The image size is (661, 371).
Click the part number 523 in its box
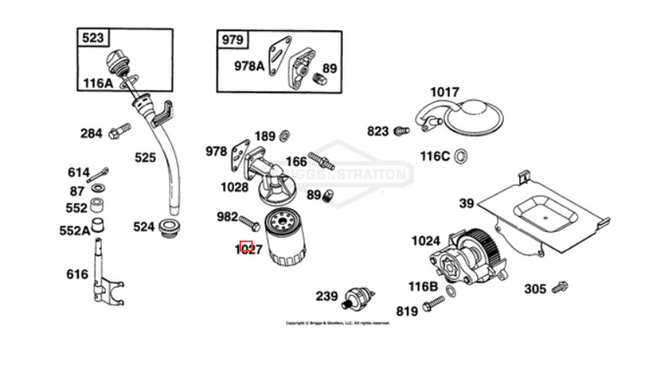point(92,38)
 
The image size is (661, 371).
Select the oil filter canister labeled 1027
point(285,238)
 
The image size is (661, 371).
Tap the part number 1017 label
point(445,92)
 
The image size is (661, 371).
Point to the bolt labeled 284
point(119,132)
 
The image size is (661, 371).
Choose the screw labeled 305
point(560,286)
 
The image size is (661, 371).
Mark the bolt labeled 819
point(434,304)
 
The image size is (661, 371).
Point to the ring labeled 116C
point(461,156)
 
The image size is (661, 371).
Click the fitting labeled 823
point(400,131)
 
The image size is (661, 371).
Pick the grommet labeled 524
point(168,228)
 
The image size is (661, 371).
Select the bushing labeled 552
point(99,208)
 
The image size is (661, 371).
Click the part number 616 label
point(77,274)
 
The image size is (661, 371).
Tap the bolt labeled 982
point(248,219)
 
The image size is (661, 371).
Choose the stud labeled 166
point(321,161)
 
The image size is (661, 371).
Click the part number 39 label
point(467,204)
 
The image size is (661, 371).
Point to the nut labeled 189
point(285,135)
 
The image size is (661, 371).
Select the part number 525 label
point(145,157)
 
